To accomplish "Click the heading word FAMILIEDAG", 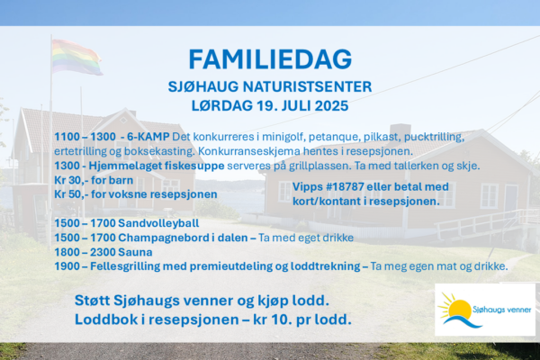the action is point(270,59).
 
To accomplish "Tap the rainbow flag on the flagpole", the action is point(76,58).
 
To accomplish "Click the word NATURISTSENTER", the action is point(307,86).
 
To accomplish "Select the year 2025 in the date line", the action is point(331,106).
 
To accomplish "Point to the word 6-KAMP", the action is point(148,137).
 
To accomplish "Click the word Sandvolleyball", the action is point(158,223).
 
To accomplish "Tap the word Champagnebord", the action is point(161,238).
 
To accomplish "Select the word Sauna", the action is point(135,252).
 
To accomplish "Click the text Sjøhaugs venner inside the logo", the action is point(502,310).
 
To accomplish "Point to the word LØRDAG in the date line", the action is point(222,106).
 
